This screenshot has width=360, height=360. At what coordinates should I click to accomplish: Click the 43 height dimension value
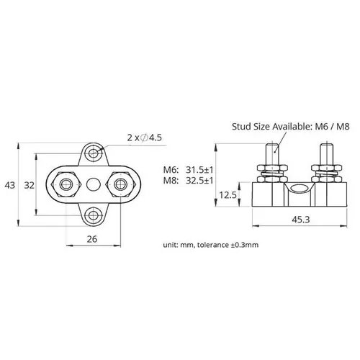(9, 185)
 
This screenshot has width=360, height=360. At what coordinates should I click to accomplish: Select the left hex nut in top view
(66, 185)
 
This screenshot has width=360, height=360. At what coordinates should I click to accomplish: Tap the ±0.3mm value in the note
(261, 246)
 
